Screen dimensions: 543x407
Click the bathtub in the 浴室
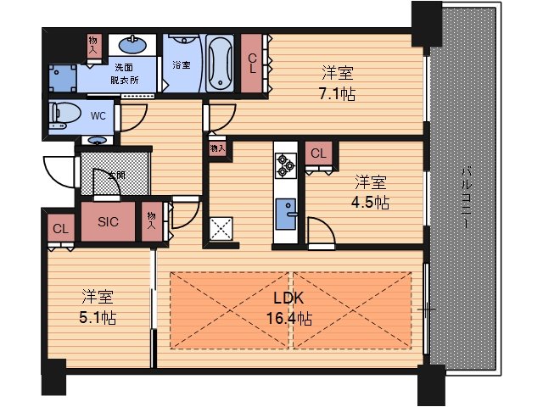point(220,64)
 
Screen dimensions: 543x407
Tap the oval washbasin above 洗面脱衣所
point(132,45)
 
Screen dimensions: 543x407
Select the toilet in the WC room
point(64,114)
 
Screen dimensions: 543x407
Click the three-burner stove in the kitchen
point(286,165)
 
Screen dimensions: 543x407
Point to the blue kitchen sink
point(286,214)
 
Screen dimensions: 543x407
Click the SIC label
point(108,222)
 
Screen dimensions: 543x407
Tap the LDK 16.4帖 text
point(289,308)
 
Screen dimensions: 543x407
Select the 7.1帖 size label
point(338,94)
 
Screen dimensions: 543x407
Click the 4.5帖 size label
point(370,203)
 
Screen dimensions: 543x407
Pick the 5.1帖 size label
point(98,317)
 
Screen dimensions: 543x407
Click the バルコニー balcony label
point(467,198)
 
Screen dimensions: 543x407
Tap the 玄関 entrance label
point(116,176)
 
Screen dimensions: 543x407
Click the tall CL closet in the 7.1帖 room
point(252,64)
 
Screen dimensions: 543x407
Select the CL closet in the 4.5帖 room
point(319,153)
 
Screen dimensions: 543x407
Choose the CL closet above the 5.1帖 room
point(61,228)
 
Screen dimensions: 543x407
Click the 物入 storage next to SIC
point(152,221)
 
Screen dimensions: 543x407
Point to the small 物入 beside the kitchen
point(217,149)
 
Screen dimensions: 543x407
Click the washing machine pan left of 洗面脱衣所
point(63,78)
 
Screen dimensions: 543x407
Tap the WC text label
point(98,116)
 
